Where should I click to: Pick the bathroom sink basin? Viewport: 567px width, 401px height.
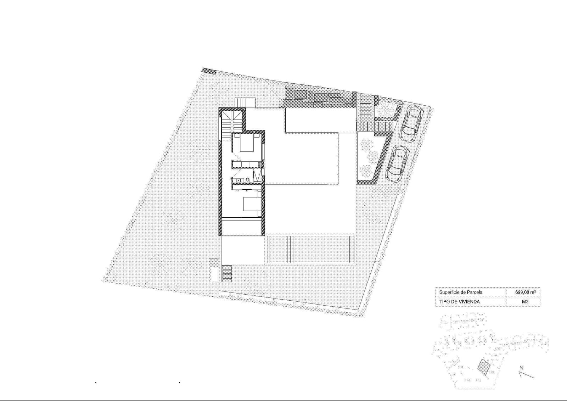(x=238, y=180)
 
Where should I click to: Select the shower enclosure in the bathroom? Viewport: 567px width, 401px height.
(x=258, y=176)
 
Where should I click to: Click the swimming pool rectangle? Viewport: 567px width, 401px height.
(x=310, y=249)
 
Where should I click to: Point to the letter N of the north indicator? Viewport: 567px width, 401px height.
(x=521, y=368)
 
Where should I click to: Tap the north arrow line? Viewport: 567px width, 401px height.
(x=526, y=374)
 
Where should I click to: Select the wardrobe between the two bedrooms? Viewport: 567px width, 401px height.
(x=246, y=164)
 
